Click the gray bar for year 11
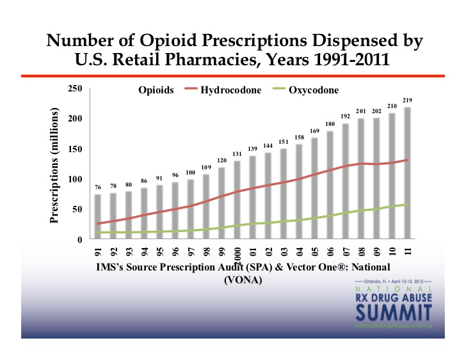point(407,173)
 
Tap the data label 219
point(407,100)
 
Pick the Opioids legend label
point(156,90)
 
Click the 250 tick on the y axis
point(75,89)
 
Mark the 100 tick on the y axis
point(75,180)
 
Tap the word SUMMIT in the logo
point(391,313)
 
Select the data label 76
point(98,187)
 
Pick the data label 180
point(330,123)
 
